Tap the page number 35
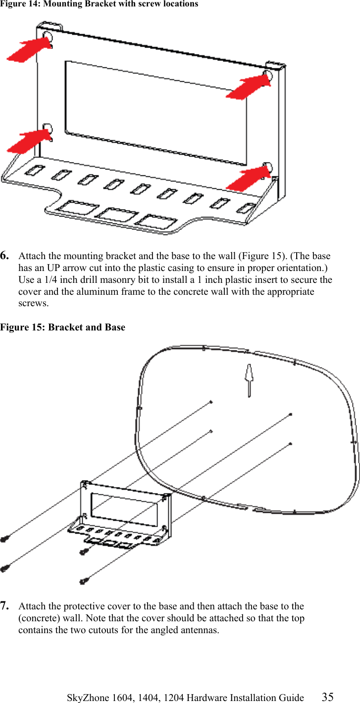(327, 697)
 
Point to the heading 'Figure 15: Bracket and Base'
(62, 327)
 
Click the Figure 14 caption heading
(99, 4)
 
